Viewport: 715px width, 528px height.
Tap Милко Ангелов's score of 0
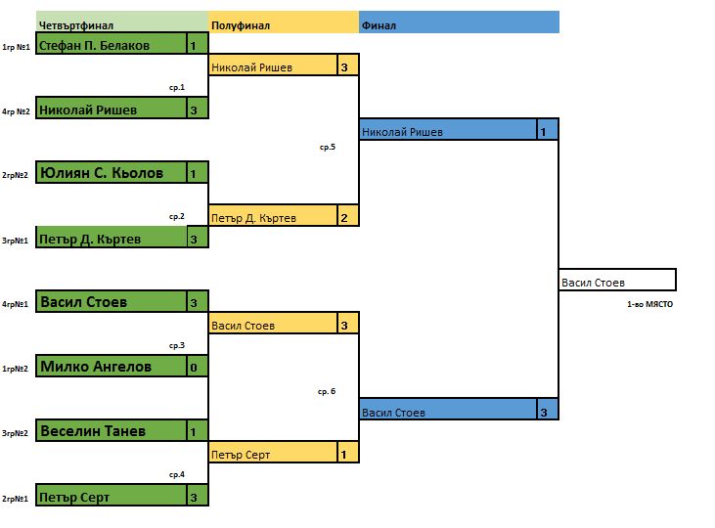pyautogui.click(x=194, y=368)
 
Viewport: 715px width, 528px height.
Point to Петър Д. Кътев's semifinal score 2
pyautogui.click(x=344, y=217)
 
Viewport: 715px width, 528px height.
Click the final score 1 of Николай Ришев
pyautogui.click(x=544, y=131)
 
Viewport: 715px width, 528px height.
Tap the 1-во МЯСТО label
pyautogui.click(x=649, y=305)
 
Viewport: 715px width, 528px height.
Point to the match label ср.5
pyautogui.click(x=327, y=147)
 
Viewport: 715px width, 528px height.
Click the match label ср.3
pyautogui.click(x=177, y=345)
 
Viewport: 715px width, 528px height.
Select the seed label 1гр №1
pyautogui.click(x=15, y=46)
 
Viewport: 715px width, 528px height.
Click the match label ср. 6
pyautogui.click(x=327, y=391)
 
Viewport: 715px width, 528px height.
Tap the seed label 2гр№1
pyautogui.click(x=15, y=498)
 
